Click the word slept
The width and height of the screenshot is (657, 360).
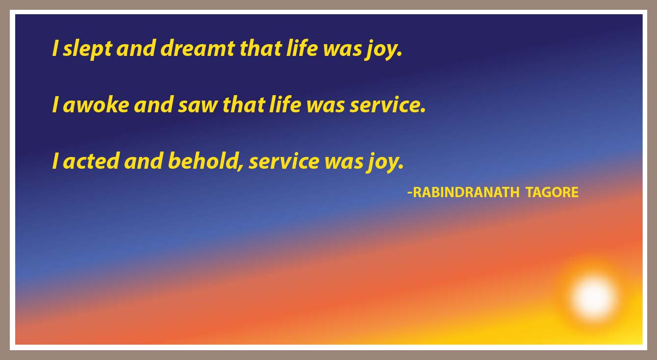pos(87,49)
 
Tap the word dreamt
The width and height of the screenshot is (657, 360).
pos(198,48)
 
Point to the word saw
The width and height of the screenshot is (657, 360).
pos(198,105)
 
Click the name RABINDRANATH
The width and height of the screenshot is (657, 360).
pos(466,192)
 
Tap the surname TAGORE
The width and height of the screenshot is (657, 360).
pos(552,192)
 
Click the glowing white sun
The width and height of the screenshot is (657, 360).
pos(593,298)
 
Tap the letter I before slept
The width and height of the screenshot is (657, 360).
pos(54,48)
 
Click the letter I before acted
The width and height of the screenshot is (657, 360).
pos(54,161)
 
